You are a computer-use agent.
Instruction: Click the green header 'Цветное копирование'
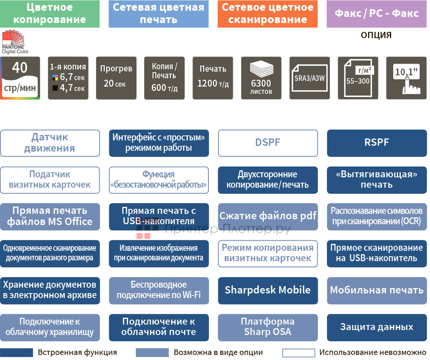[x=50, y=14]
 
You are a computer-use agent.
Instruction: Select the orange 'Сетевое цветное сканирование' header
[x=267, y=14]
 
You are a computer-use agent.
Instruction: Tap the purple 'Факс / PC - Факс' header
[x=377, y=14]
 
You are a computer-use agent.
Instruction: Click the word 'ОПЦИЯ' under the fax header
[x=376, y=35]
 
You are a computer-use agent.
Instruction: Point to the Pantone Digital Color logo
[x=15, y=43]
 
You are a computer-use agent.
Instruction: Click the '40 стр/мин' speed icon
[x=20, y=78]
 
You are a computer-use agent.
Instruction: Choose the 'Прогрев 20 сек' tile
[x=116, y=78]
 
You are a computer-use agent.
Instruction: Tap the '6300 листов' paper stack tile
[x=261, y=78]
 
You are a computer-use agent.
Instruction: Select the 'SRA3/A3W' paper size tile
[x=310, y=78]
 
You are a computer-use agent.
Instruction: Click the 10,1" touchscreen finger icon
[x=407, y=78]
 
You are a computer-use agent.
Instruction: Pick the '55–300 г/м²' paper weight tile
[x=358, y=78]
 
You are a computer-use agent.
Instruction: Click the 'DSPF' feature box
[x=268, y=143]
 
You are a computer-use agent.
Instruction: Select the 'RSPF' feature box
[x=377, y=143]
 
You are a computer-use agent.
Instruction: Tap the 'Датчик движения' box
[x=50, y=143]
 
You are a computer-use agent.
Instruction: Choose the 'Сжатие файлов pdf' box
[x=268, y=217]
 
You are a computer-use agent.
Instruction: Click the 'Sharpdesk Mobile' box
[x=268, y=290]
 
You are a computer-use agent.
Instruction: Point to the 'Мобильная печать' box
[x=377, y=290]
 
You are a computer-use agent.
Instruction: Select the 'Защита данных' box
[x=377, y=327]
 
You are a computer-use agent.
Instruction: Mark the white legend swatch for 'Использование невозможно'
[x=298, y=353]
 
